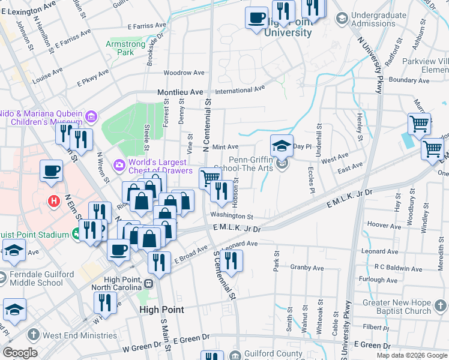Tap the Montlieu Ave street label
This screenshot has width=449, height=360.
pos(180,92)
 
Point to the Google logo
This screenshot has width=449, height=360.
pos(20,353)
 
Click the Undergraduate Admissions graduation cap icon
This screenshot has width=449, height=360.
pos(342,19)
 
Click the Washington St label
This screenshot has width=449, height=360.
pos(232,216)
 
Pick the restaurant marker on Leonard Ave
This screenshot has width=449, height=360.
pos(229,261)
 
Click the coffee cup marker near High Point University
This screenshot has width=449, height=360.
pos(257,17)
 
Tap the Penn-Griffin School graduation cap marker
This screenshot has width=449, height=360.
pos(281,145)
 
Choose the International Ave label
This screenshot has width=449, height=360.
pos(240,90)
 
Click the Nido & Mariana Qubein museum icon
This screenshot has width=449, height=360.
pos(91,116)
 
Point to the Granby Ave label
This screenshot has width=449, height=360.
pos(307,268)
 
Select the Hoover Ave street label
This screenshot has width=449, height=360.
pos(379,224)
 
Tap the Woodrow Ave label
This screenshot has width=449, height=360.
pos(184,73)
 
